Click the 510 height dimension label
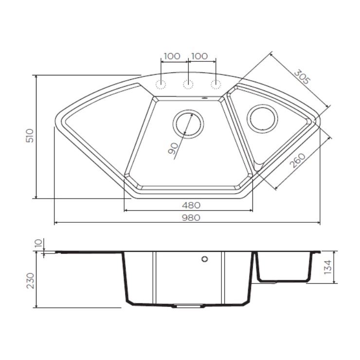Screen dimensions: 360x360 pyautogui.click(x=30, y=136)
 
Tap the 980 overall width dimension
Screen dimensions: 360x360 pyautogui.click(x=191, y=217)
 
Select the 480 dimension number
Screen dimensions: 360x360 pyautogui.click(x=191, y=205)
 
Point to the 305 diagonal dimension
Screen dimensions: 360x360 pyautogui.click(x=302, y=77)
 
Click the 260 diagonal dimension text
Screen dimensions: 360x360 pyautogui.click(x=298, y=161)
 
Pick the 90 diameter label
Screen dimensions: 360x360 pyautogui.click(x=173, y=148)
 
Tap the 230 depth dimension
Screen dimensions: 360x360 pyautogui.click(x=30, y=281)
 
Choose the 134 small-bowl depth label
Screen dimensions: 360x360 pyautogui.click(x=327, y=267)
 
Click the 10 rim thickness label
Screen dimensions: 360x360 pyautogui.click(x=39, y=243)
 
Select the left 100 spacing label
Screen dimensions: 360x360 pyautogui.click(x=172, y=56)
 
